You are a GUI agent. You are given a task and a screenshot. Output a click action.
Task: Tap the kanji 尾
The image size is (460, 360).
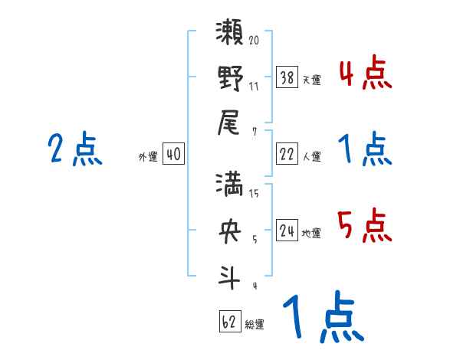point(230,121)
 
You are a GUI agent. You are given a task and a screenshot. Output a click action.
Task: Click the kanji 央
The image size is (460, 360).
point(230,229)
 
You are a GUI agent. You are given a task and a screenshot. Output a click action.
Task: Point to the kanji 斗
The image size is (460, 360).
point(230,273)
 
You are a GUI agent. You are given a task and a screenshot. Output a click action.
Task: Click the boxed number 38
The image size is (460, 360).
point(287,77)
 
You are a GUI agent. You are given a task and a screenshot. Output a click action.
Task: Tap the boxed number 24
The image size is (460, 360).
point(287,230)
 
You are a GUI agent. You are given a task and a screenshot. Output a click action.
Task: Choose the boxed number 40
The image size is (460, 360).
point(173,154)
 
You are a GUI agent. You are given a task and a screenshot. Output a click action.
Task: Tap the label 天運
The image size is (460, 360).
point(311,80)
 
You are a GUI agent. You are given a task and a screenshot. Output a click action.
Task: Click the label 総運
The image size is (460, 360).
point(255,325)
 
